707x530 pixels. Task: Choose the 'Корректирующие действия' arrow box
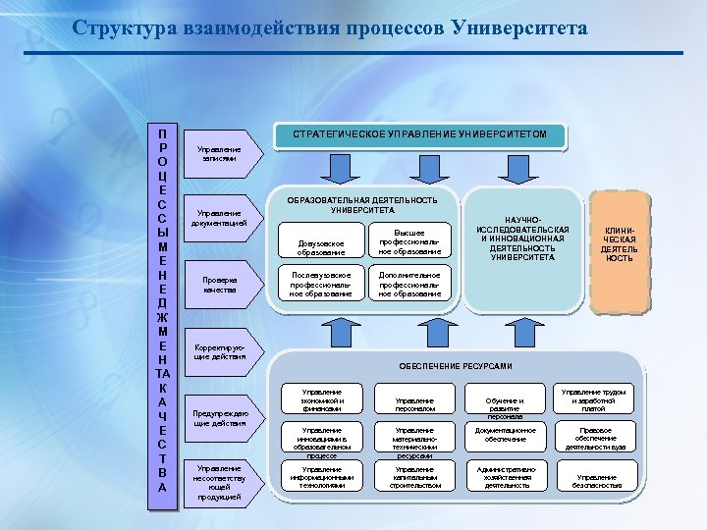(x=220, y=351)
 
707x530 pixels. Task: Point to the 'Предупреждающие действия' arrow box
(x=222, y=418)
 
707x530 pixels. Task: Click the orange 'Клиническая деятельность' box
(x=619, y=244)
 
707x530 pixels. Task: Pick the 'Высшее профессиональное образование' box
(x=410, y=241)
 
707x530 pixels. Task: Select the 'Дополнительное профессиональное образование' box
(x=410, y=284)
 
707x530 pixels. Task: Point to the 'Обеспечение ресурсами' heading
(x=456, y=366)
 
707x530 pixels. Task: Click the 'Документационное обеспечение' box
(x=507, y=435)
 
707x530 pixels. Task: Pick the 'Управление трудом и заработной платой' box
(x=594, y=398)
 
